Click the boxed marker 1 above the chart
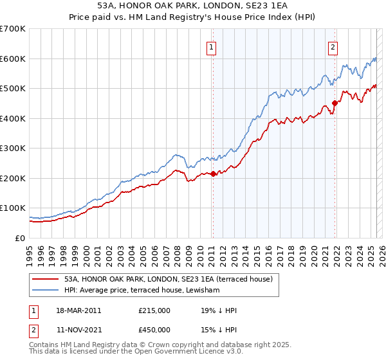pos(212,46)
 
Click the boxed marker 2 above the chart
pos(333,46)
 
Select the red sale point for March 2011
pos(213,174)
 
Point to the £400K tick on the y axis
pos(13,118)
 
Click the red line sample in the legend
pos(46,279)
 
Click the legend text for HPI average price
pos(142,291)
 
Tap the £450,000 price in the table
pos(154,330)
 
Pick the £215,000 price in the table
pos(154,310)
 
